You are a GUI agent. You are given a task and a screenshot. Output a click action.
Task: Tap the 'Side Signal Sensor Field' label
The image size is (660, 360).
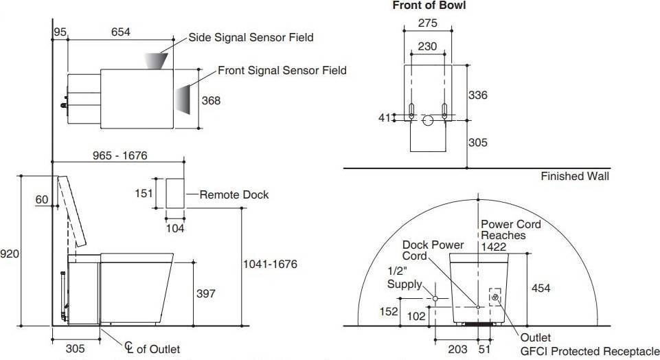(x=251, y=37)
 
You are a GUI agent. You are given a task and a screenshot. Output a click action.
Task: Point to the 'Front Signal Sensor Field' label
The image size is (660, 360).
(x=282, y=70)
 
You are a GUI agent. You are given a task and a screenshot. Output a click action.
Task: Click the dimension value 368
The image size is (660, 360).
(x=211, y=100)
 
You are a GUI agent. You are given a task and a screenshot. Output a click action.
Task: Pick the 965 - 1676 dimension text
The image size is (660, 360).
(x=120, y=156)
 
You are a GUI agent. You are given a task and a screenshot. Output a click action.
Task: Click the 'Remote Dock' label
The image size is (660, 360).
(x=234, y=194)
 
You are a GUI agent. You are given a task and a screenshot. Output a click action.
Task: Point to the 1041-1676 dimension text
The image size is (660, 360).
(x=270, y=264)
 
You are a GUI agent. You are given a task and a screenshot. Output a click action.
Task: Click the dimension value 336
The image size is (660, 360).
(x=477, y=95)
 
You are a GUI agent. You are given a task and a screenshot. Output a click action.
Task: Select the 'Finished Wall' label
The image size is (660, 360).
(x=574, y=176)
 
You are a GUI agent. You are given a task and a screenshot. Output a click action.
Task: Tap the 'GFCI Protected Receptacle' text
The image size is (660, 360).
(x=589, y=352)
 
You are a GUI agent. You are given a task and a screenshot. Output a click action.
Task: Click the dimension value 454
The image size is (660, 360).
(x=540, y=289)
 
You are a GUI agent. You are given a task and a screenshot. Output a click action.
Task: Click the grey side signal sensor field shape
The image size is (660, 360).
(x=157, y=60)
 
